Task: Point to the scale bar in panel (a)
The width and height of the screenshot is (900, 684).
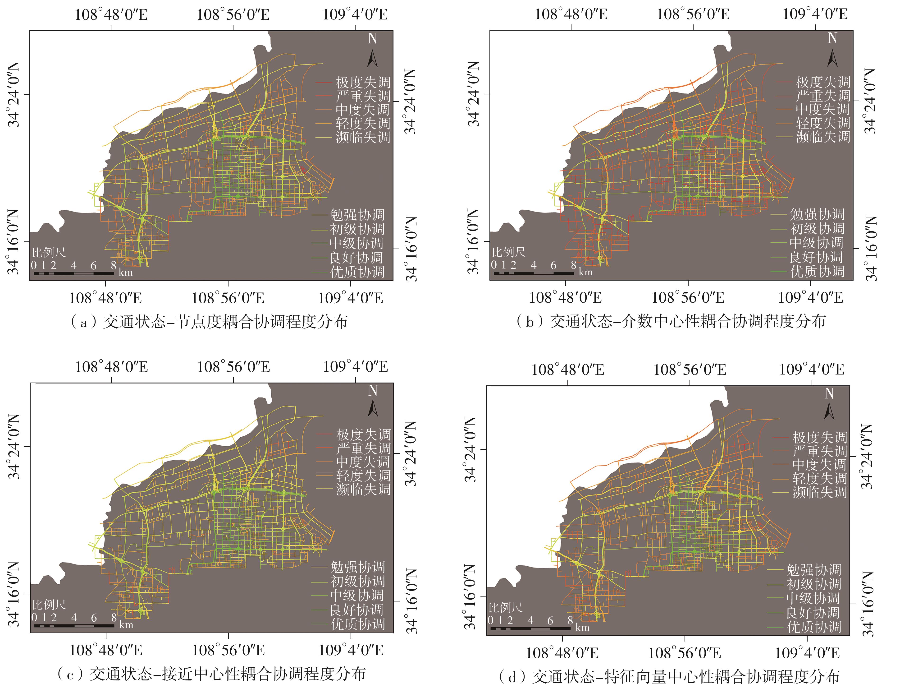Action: [x=73, y=273]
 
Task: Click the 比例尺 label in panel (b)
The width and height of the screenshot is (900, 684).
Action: [x=509, y=252]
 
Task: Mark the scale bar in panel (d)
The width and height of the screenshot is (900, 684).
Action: [x=530, y=629]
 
